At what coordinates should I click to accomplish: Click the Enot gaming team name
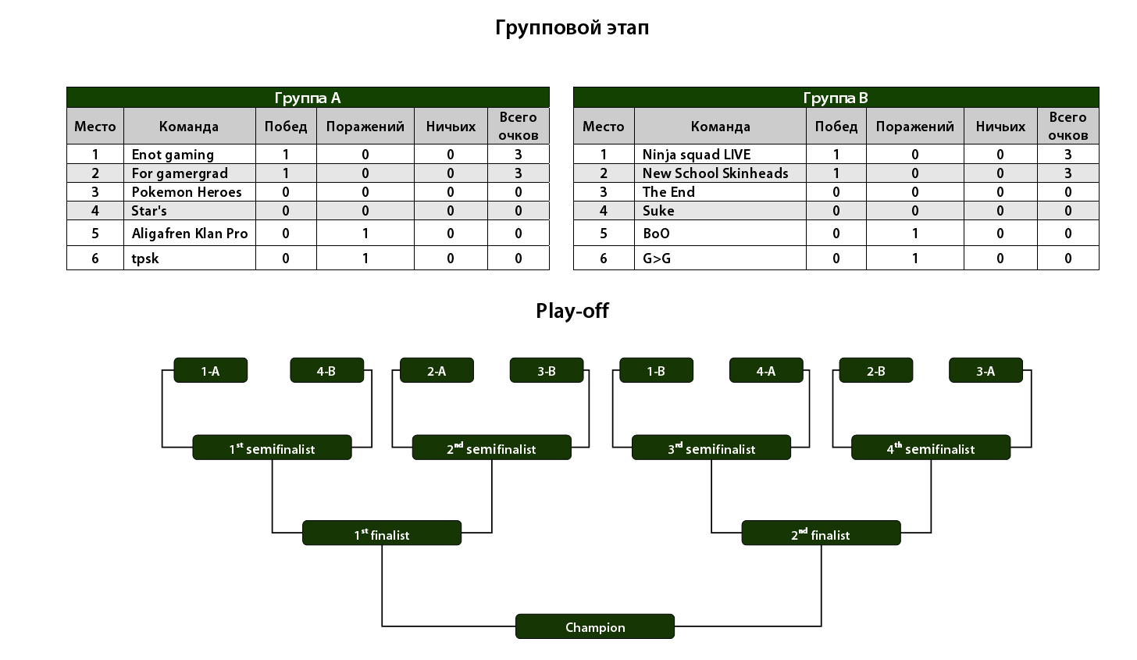click(173, 155)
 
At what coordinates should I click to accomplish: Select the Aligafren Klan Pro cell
click(189, 234)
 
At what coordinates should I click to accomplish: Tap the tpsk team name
click(145, 259)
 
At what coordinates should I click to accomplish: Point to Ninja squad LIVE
click(696, 155)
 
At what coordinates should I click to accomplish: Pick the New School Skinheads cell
click(715, 173)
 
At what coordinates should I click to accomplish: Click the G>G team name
click(656, 259)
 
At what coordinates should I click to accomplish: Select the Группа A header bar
click(308, 98)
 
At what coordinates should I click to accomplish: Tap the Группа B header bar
click(836, 98)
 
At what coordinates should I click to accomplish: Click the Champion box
click(595, 626)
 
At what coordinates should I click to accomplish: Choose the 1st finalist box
click(382, 533)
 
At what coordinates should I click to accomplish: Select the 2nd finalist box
click(821, 533)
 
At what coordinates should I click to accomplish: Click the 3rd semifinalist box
click(711, 448)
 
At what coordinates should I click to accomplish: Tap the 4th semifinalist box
click(931, 448)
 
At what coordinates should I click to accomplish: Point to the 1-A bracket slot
click(210, 371)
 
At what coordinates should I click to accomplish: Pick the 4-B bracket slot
click(326, 371)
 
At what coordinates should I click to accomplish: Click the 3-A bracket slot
click(986, 371)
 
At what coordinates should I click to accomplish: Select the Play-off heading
click(572, 311)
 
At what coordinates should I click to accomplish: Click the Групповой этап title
click(572, 28)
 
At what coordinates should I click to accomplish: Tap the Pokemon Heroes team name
click(187, 192)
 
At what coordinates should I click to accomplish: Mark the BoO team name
click(656, 234)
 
